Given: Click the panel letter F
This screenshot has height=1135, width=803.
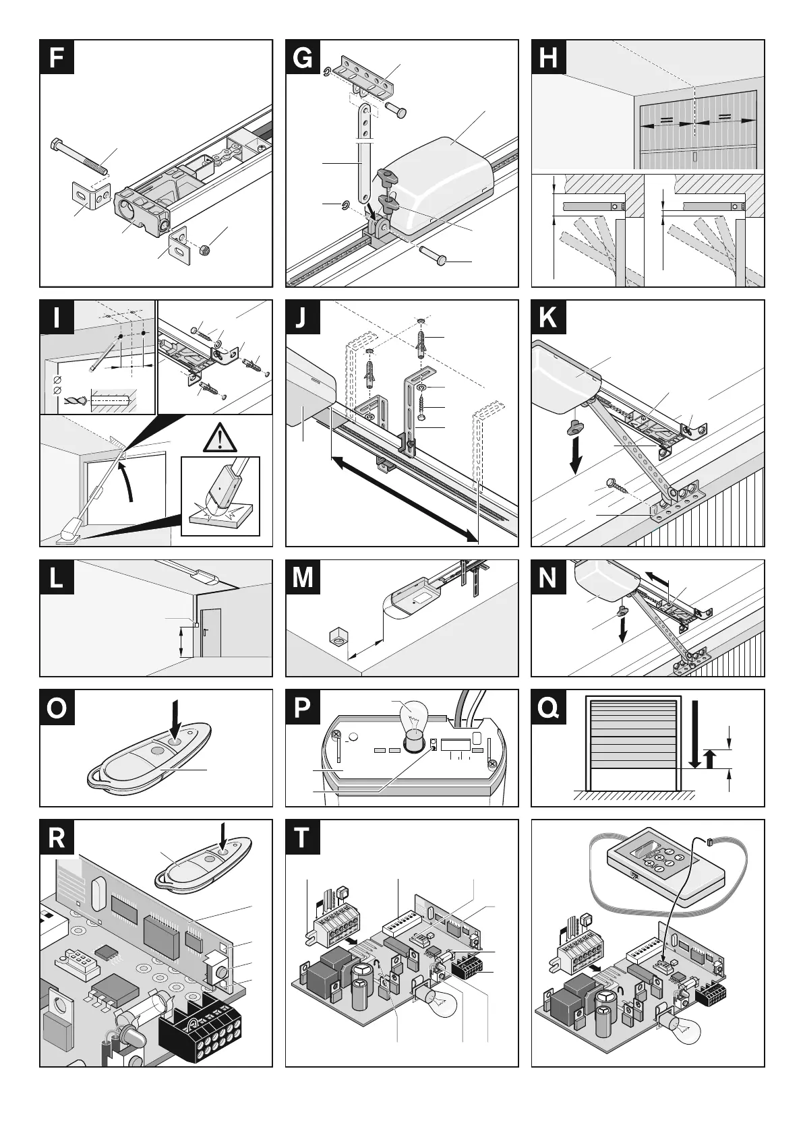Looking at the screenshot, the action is [57, 58].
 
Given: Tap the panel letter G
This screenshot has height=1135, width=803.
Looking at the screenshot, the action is [303, 58].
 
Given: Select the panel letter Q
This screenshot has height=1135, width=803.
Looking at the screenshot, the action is [549, 708].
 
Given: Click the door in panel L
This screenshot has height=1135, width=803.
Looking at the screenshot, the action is [210, 633].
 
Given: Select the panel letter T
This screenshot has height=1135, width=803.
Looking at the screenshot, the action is [303, 838].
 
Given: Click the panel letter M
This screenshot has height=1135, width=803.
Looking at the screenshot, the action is [303, 578].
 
